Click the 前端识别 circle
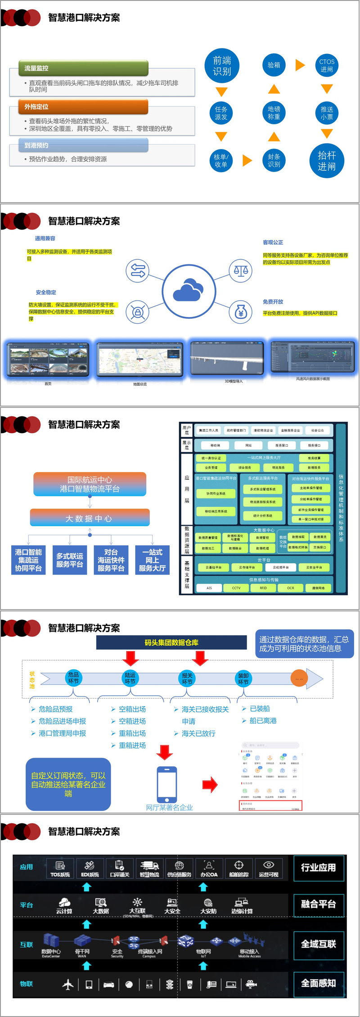tap(221, 66)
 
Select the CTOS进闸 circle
tap(327, 66)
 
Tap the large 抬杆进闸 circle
tap(327, 161)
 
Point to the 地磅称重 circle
tap(274, 113)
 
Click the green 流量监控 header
tap(84, 68)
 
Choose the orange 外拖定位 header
tap(84, 107)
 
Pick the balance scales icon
tap(241, 271)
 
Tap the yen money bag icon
tap(241, 312)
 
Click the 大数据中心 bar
tap(90, 518)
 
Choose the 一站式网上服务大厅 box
tap(152, 560)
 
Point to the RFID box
tap(263, 588)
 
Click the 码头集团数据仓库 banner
tap(171, 642)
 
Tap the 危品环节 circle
tap(73, 678)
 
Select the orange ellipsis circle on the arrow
tap(299, 678)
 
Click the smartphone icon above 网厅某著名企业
tap(166, 784)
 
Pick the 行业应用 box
tap(319, 868)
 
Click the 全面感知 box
tap(319, 984)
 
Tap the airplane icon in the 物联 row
tap(68, 985)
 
